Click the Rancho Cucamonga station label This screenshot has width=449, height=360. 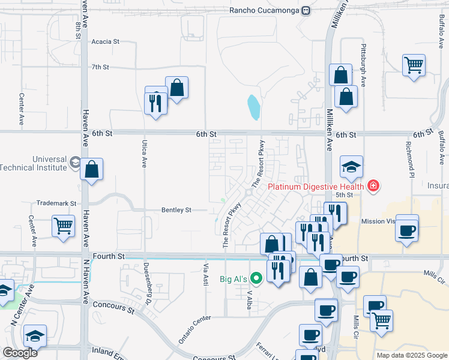coord(264,10)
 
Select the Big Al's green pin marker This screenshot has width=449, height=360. coord(258,278)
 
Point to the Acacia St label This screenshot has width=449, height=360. coord(106,42)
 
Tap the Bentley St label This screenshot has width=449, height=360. coord(176,210)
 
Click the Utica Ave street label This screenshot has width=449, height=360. coord(144,153)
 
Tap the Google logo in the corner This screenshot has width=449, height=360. coord(20,353)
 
